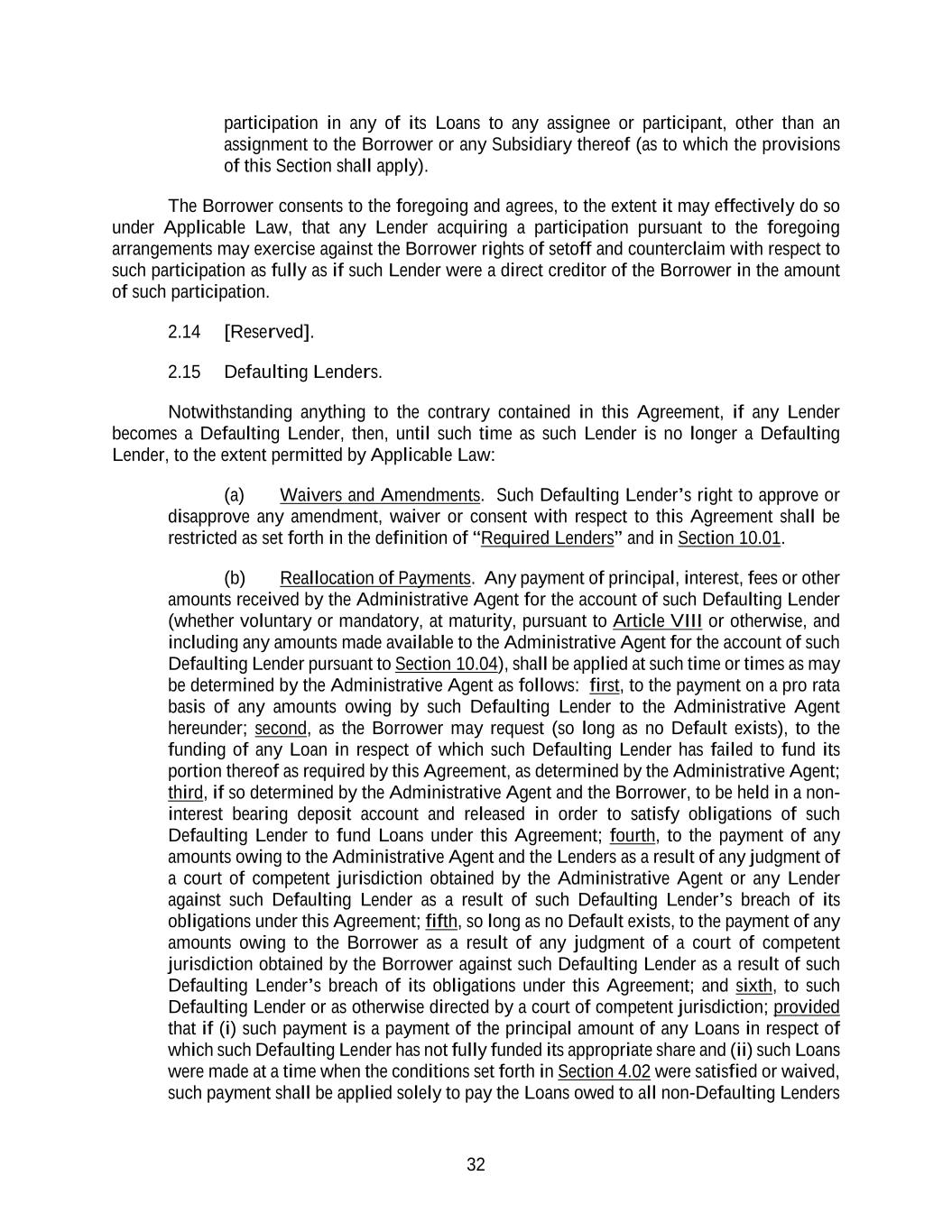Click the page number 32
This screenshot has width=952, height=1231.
click(476, 1164)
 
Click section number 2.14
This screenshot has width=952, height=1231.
click(184, 332)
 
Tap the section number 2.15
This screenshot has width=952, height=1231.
click(184, 372)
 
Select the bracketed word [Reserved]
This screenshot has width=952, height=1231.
click(269, 332)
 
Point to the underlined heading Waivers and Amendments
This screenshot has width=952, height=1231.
click(380, 495)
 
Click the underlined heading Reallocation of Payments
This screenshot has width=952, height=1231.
click(375, 578)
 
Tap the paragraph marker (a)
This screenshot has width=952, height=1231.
click(234, 495)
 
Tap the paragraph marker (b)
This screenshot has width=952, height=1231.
click(234, 578)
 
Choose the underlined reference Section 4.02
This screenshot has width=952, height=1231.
click(604, 1071)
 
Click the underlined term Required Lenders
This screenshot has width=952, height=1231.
click(547, 538)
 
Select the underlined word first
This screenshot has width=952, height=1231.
click(604, 685)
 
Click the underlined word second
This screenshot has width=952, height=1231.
click(281, 728)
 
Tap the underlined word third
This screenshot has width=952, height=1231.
click(185, 793)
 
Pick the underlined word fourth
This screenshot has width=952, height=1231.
click(633, 835)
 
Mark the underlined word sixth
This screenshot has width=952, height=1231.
click(753, 986)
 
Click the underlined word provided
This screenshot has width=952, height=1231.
click(807, 1007)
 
